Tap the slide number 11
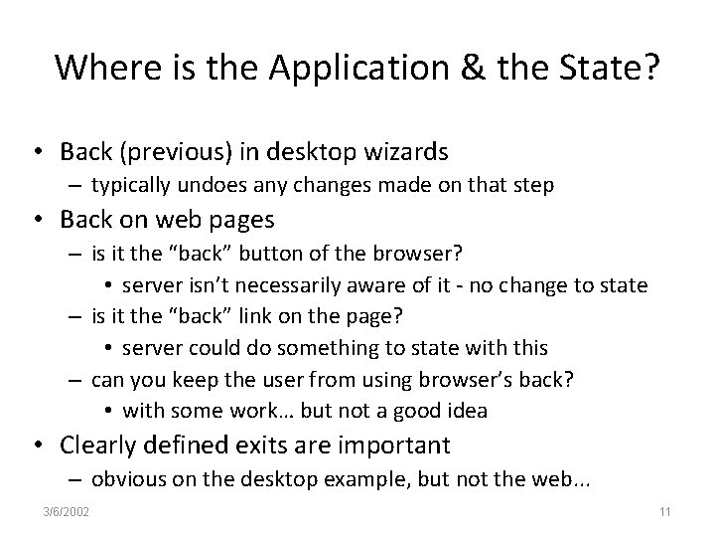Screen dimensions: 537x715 coord(665,512)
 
